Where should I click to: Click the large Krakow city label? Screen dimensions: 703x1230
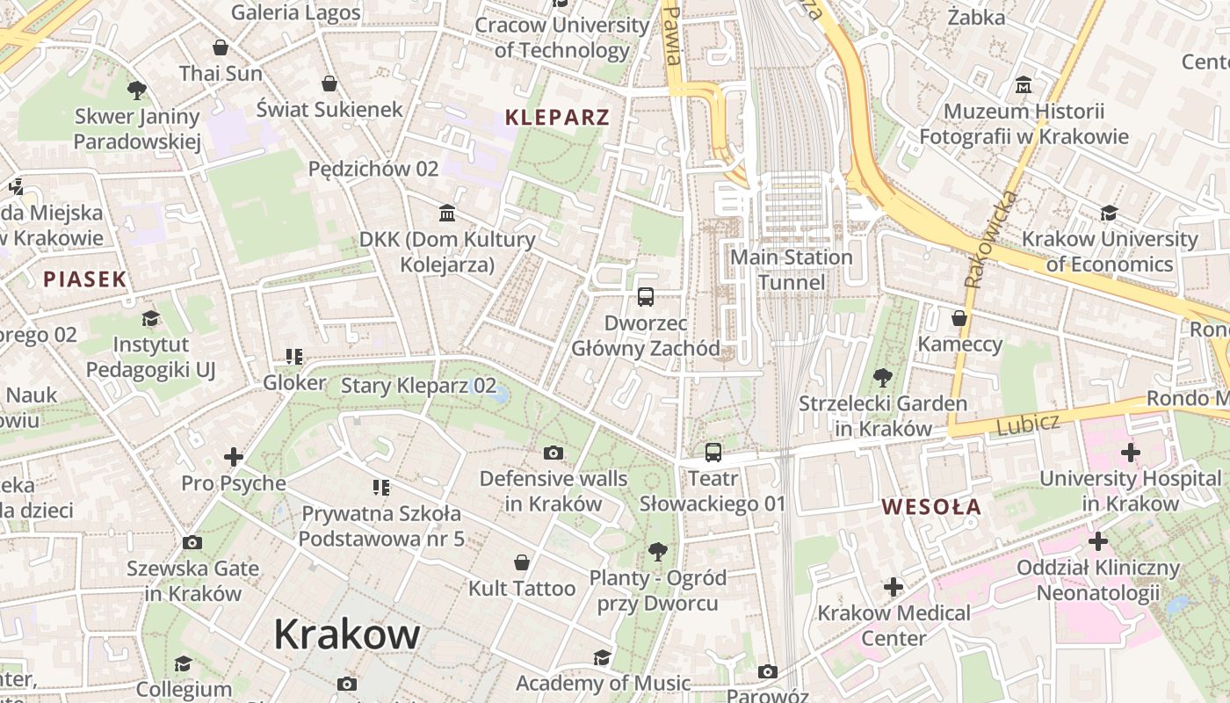[x=347, y=634]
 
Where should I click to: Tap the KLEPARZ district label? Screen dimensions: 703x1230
[x=557, y=117]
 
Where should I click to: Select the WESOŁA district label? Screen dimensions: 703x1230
[x=931, y=507]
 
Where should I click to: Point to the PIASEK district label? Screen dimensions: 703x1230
[x=85, y=279]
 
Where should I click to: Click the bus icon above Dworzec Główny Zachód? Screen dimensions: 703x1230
[x=646, y=297]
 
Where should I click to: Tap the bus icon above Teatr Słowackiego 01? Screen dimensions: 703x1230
[x=713, y=453]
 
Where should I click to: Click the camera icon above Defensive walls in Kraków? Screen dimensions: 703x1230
[x=553, y=453]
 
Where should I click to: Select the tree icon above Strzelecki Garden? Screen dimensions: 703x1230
[x=882, y=378]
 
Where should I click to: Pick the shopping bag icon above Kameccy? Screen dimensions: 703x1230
[x=959, y=318]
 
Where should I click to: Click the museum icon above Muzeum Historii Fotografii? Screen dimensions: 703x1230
[x=1024, y=86]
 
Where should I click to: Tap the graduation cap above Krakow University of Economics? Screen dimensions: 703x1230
[x=1109, y=214]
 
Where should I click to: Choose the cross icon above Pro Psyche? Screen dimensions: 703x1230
[x=234, y=457]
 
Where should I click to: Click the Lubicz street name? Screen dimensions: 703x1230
[x=1028, y=424]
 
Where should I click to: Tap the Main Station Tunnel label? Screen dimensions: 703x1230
[x=792, y=270]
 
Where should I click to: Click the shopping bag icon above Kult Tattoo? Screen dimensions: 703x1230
[x=522, y=562]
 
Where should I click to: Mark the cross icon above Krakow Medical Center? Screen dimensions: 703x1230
[x=894, y=587]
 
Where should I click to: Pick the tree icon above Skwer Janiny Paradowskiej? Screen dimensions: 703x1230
[x=136, y=90]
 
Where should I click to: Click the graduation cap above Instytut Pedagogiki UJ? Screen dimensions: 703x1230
[x=151, y=318]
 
